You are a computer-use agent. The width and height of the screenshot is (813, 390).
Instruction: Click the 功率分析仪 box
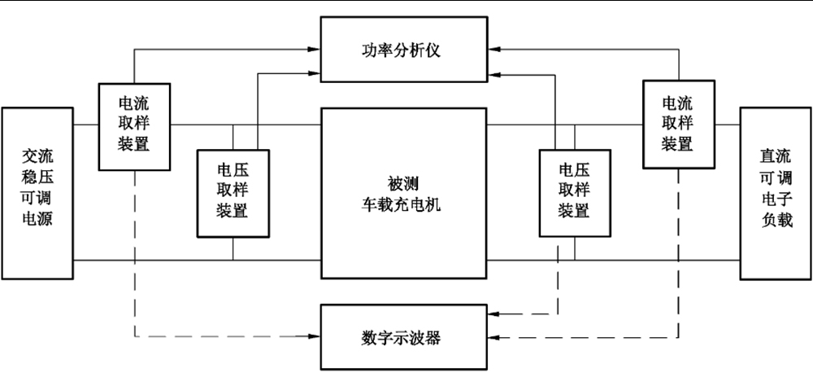402,51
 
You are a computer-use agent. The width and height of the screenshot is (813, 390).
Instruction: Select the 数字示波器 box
402,336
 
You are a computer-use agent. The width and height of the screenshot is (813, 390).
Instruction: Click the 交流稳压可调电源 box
37,192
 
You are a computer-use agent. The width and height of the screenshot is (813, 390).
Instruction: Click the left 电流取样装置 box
134,125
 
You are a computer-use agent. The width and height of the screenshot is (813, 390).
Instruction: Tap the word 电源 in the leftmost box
37,219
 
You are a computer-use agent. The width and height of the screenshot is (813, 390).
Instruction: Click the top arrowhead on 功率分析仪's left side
315,49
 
